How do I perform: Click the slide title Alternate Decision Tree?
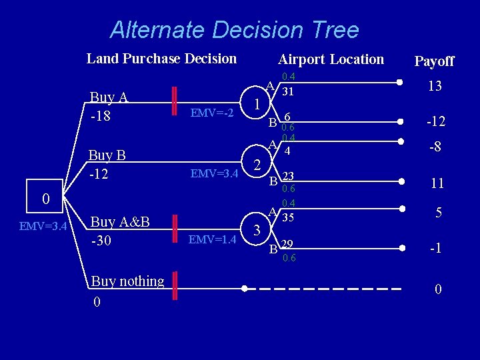pyautogui.click(x=234, y=30)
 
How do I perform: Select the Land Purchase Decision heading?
pyautogui.click(x=161, y=59)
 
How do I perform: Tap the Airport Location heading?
pyautogui.click(x=331, y=59)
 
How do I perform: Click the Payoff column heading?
pyautogui.click(x=434, y=61)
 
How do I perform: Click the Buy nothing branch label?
pyautogui.click(x=127, y=281)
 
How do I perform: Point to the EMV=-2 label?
pyautogui.click(x=212, y=113)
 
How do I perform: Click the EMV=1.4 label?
pyautogui.click(x=212, y=239)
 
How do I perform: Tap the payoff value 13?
pyautogui.click(x=435, y=87)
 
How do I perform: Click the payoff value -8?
pyautogui.click(x=435, y=147)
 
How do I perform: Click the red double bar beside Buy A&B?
pyautogui.click(x=175, y=229)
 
